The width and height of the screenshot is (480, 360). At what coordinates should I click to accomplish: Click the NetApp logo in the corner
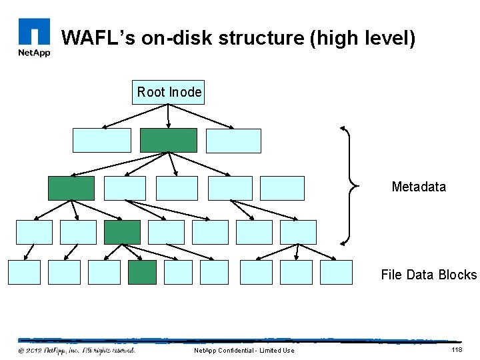tap(33, 37)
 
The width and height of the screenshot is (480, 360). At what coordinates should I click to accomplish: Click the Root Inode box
tap(169, 93)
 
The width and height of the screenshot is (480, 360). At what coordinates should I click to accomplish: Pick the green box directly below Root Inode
tap(169, 140)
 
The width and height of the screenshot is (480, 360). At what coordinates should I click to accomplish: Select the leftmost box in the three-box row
tap(101, 140)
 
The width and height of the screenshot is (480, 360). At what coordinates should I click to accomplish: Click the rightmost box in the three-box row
tap(233, 140)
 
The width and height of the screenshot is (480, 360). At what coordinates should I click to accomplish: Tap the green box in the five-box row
tap(71, 188)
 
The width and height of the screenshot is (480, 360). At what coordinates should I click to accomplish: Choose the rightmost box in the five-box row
tap(282, 188)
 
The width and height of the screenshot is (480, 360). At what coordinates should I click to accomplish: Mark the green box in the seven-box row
tap(122, 232)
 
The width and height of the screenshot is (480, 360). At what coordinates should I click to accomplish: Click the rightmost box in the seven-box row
tap(298, 232)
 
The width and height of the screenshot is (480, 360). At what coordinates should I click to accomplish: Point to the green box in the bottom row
tap(142, 272)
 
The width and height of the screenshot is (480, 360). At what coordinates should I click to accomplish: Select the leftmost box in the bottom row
tap(24, 272)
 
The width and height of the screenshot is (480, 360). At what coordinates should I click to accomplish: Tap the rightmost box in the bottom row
tap(336, 272)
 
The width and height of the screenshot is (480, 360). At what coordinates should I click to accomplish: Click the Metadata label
tap(419, 187)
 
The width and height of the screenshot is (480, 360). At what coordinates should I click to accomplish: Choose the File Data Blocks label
tap(429, 275)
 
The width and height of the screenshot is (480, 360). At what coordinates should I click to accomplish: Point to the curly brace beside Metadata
tap(349, 185)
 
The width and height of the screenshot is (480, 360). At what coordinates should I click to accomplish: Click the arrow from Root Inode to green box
tap(169, 116)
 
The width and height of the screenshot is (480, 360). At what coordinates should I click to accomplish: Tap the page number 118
tap(457, 350)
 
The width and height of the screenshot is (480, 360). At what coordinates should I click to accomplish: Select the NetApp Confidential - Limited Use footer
tap(243, 351)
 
